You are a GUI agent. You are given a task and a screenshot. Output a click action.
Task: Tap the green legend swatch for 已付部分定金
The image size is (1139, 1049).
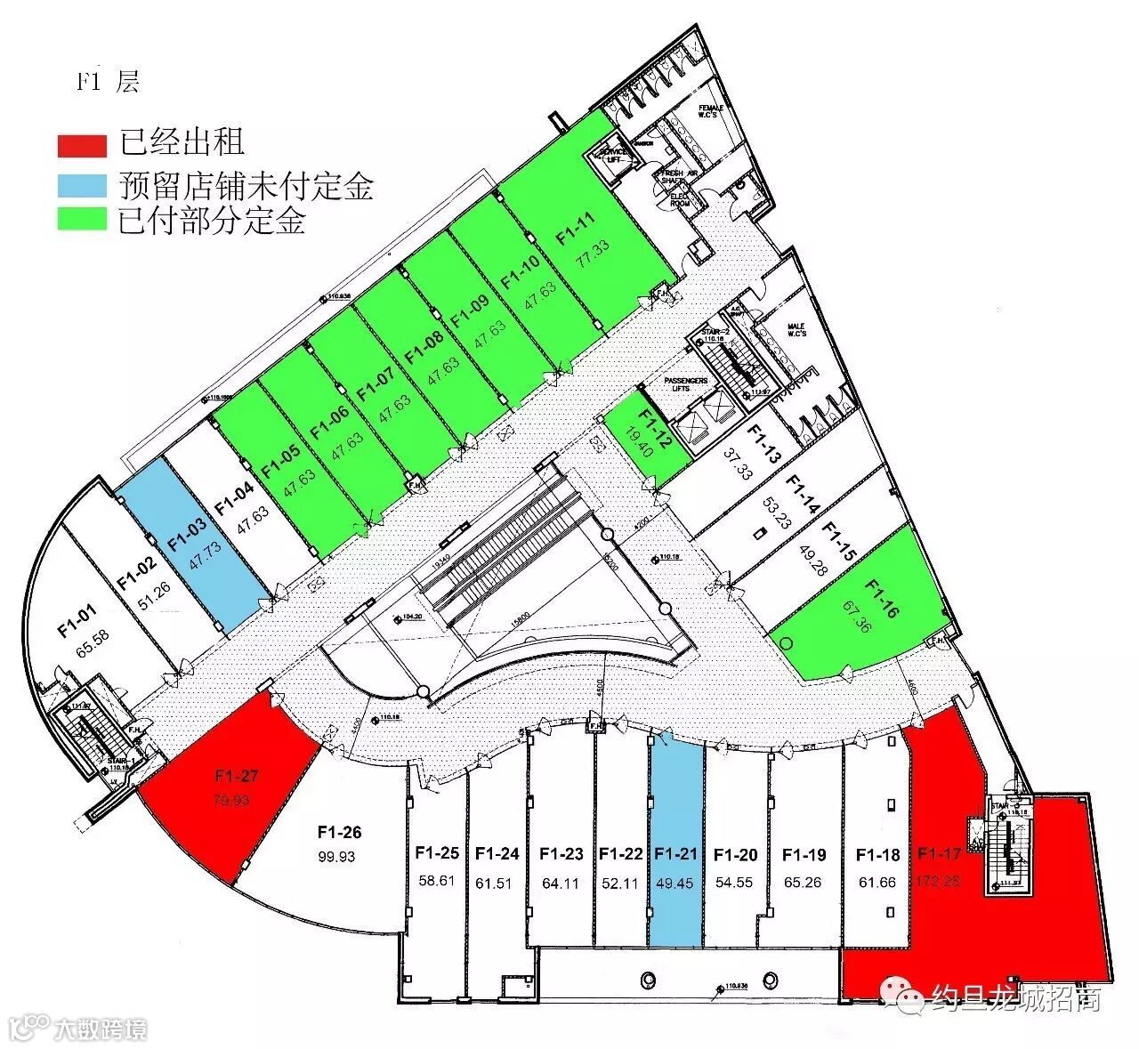[83, 220]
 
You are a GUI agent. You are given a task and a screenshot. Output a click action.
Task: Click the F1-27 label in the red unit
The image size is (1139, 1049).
[237, 776]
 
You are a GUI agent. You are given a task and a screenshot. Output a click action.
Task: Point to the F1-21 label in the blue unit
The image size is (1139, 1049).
[676, 854]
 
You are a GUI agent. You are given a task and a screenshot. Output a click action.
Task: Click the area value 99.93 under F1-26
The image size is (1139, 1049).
[339, 856]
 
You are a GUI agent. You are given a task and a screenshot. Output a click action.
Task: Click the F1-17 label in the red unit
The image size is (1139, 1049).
[940, 854]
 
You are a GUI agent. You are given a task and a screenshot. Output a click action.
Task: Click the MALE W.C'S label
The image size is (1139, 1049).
[796, 330]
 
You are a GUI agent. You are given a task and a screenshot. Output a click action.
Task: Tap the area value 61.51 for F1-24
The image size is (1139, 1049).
[497, 883]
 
